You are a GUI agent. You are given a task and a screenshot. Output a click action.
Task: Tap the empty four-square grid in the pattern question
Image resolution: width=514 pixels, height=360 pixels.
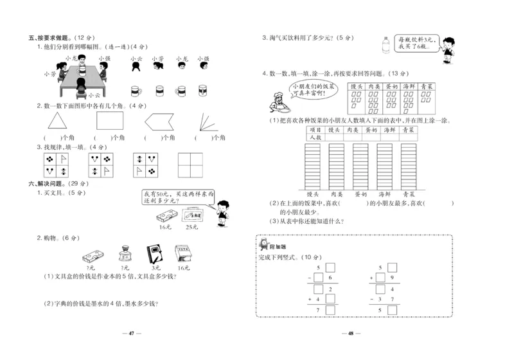[190, 164]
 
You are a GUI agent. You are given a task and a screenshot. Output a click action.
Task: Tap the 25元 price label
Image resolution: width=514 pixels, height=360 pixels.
[191, 227]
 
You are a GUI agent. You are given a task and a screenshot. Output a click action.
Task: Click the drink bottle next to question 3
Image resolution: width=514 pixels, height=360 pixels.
[385, 46]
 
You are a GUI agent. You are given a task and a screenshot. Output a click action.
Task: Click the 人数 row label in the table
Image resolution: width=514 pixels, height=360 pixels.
[314, 137]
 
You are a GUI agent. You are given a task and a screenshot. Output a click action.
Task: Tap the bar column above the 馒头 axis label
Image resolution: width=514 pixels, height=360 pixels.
[313, 165]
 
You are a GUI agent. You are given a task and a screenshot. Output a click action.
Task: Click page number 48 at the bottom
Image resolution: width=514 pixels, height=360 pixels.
[351, 333]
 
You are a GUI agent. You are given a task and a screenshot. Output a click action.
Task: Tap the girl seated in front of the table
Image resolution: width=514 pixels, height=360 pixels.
[82, 85]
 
